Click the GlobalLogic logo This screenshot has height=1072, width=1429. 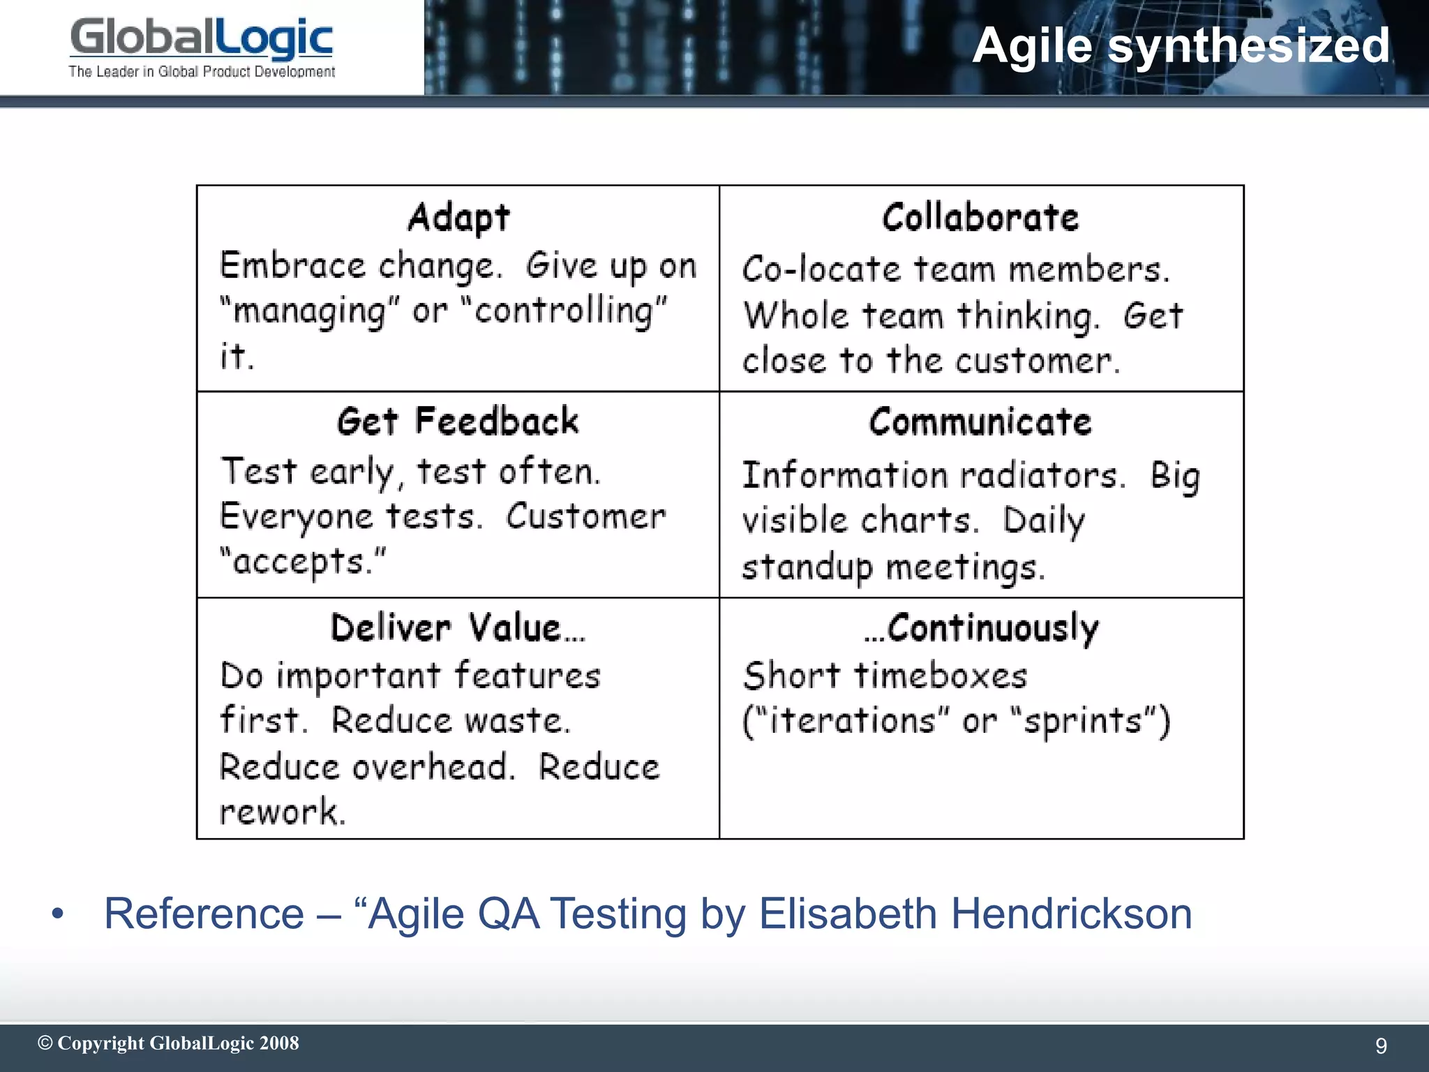tap(202, 38)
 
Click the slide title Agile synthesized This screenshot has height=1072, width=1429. tap(1181, 46)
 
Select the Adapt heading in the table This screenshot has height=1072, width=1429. tap(458, 217)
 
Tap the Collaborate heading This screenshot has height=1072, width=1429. tap(980, 217)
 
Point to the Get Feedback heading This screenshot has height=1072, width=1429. tap(458, 422)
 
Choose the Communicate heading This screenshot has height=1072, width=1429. tap(980, 422)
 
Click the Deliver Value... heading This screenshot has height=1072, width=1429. tap(458, 627)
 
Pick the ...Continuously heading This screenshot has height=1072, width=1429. tap(980, 627)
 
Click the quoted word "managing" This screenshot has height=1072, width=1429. tap(310, 311)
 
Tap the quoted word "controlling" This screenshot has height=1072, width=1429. tap(564, 311)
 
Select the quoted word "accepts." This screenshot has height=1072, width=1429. tap(302, 561)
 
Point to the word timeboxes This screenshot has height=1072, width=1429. tap(941, 676)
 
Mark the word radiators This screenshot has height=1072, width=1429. tap(1042, 476)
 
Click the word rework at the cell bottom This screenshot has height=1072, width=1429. tap(281, 812)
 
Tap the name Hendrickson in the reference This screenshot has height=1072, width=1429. tap(1071, 914)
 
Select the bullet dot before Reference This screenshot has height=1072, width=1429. tap(58, 914)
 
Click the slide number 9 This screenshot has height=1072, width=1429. tap(1381, 1045)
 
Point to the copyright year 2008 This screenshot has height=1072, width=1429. tap(279, 1043)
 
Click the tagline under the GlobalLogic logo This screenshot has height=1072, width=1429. tap(202, 72)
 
